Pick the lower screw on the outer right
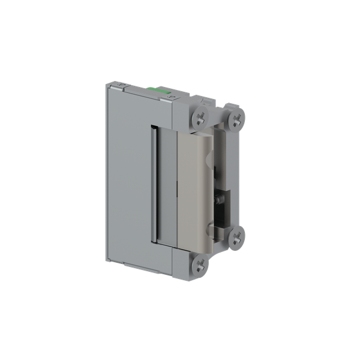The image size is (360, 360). click(236, 237)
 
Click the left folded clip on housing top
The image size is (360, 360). click(120, 88)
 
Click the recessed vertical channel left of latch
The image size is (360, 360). click(154, 185)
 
